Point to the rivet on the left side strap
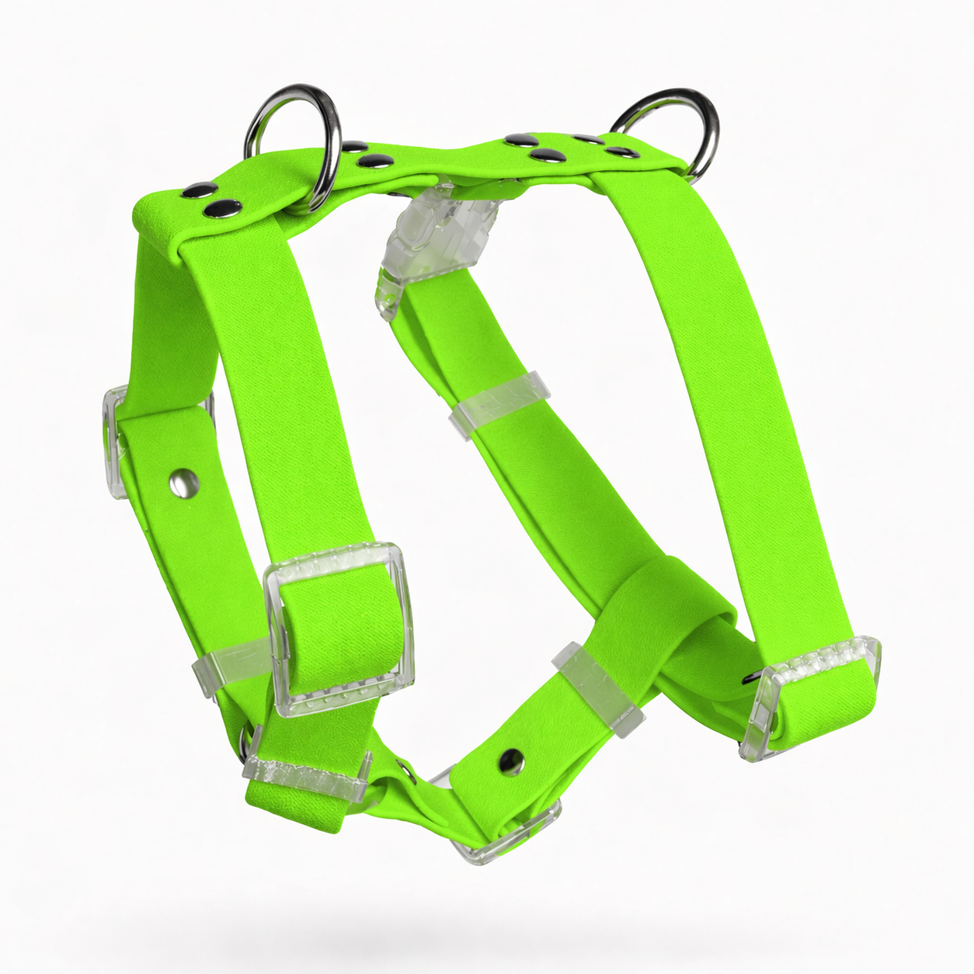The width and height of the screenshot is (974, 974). pos(184,485)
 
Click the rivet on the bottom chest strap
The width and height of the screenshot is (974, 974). pos(510,757)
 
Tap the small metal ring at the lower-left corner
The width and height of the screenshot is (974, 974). pos(248,738)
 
